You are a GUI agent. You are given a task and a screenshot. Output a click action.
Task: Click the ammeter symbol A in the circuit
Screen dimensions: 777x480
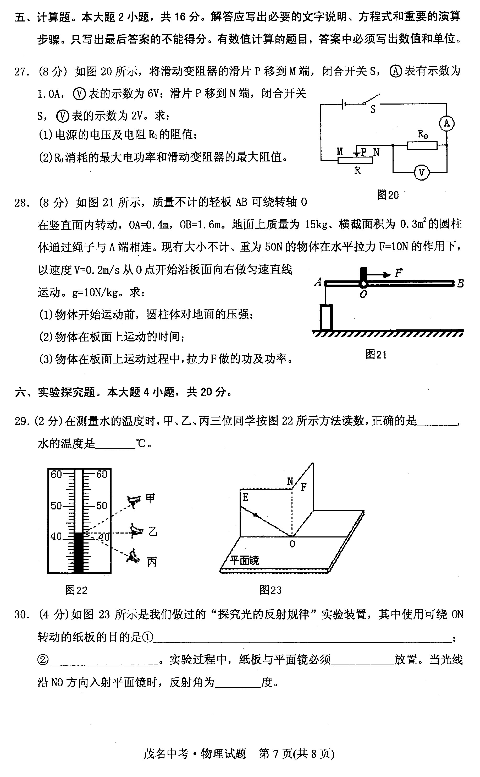(446, 123)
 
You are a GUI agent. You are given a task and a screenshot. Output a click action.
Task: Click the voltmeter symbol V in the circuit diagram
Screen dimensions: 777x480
(421, 172)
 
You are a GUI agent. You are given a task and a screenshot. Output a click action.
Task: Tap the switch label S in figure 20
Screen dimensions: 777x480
(373, 110)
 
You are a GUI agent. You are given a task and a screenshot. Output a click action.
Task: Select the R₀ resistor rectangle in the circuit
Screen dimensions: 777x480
(422, 145)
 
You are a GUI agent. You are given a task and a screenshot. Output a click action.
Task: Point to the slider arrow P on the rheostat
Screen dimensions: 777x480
(357, 153)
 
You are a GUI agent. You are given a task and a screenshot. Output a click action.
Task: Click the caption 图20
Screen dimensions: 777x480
(388, 195)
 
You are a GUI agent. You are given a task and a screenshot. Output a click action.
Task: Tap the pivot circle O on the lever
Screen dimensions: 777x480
(363, 283)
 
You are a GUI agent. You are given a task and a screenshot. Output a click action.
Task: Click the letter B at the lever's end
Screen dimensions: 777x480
(460, 283)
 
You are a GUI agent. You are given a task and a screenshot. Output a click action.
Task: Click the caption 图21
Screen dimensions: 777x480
(376, 354)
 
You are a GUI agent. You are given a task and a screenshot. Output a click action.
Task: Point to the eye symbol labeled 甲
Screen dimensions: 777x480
(134, 501)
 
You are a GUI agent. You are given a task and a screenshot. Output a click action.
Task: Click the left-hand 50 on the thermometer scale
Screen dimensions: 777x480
(56, 506)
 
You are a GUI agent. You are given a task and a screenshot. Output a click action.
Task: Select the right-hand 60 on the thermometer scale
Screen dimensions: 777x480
(102, 474)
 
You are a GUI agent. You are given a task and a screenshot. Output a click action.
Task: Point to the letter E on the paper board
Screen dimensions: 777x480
(245, 497)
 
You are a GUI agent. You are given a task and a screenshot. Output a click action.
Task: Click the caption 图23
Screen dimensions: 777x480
(271, 590)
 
